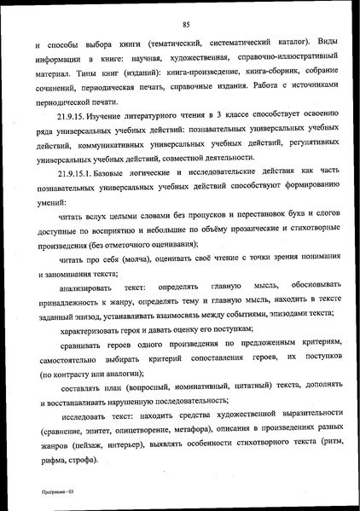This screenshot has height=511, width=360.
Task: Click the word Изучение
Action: (116, 117)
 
